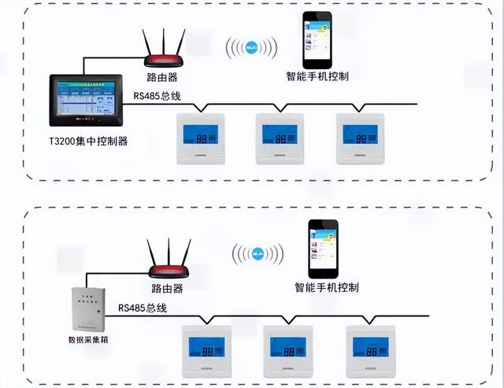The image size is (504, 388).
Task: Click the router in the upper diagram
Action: (165, 54)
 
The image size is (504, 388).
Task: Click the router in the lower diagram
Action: (169, 266)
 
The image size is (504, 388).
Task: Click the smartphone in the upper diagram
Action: (317, 41)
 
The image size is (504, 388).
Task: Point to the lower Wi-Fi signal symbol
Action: (258, 254)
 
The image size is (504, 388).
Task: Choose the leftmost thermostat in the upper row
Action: (199, 139)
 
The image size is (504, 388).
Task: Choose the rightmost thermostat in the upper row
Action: (361, 139)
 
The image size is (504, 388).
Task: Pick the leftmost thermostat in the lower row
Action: (206, 350)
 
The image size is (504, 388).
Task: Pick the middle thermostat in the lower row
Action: (288, 350)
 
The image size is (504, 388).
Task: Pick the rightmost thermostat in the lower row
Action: (370, 350)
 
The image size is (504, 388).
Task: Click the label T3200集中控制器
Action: (87, 142)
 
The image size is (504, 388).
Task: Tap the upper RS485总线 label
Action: (157, 97)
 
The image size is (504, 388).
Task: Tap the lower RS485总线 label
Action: (143, 308)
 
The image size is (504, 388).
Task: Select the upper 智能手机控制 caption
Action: (317, 77)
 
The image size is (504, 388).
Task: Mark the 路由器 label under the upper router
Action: (161, 78)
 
